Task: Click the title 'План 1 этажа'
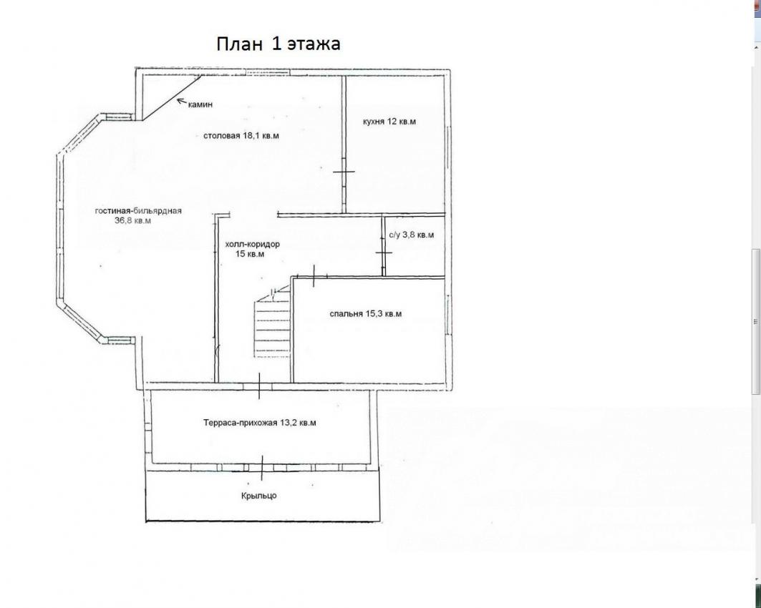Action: (278, 44)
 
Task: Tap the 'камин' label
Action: (200, 104)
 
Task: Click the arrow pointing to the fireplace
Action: (182, 102)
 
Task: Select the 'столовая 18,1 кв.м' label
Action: (241, 136)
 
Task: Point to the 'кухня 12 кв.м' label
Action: (389, 121)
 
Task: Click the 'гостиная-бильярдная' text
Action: (138, 211)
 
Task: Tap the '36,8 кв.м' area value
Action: (132, 220)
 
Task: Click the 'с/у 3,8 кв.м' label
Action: (412, 235)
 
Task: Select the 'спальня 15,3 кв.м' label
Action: (365, 314)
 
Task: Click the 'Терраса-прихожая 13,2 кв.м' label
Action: (260, 423)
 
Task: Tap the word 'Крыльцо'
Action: (258, 496)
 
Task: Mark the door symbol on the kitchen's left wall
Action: (344, 171)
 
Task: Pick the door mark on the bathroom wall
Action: (384, 252)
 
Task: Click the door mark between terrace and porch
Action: (263, 467)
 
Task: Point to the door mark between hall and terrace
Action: (259, 386)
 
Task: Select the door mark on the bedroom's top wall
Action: (314, 276)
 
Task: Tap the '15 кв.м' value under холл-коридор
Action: (249, 254)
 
